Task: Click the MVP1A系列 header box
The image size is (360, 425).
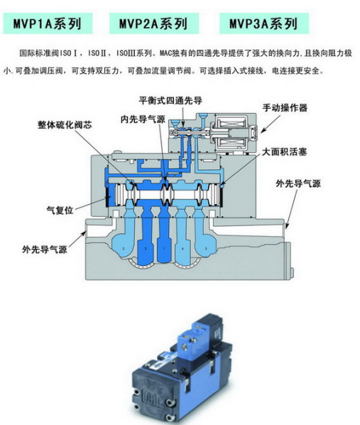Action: pyautogui.click(x=48, y=23)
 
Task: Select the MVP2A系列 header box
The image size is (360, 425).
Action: pyautogui.click(x=154, y=23)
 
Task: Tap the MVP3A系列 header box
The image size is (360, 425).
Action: pyautogui.click(x=264, y=23)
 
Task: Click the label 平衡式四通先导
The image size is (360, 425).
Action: pyautogui.click(x=170, y=100)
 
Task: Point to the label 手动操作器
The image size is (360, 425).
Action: pyautogui.click(x=285, y=107)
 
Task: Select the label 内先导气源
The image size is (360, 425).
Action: pyautogui.click(x=143, y=119)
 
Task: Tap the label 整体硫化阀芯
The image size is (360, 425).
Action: pyautogui.click(x=65, y=124)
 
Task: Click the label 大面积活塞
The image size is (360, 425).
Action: pyautogui.click(x=284, y=152)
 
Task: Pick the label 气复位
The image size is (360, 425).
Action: pyautogui.click(x=60, y=210)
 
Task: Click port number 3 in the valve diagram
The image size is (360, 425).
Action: pyautogui.click(x=124, y=249)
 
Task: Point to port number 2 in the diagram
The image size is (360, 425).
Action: pyautogui.click(x=146, y=249)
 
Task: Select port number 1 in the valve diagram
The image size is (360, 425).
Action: pyautogui.click(x=164, y=249)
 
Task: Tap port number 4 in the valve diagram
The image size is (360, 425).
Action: pyautogui.click(x=182, y=249)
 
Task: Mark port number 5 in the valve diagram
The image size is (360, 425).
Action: pyautogui.click(x=206, y=249)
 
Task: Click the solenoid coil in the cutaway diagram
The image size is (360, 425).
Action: pyautogui.click(x=232, y=133)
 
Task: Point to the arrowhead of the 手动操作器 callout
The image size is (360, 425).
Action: pyautogui.click(x=262, y=131)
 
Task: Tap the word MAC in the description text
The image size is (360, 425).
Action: pyautogui.click(x=165, y=53)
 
